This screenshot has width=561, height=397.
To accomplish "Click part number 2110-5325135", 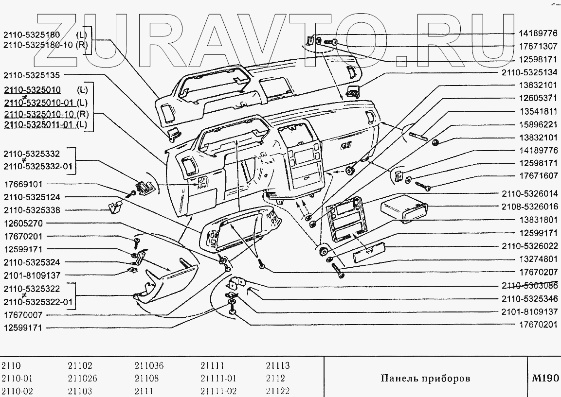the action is pyautogui.click(x=32, y=75).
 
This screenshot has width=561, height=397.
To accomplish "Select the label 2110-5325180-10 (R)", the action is pyautogui.click(x=45, y=45).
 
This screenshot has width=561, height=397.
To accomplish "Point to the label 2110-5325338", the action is pyautogui.click(x=32, y=210).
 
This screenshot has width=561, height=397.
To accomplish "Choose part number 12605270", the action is pyautogui.click(x=23, y=224).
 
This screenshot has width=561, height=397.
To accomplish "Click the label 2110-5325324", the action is pyautogui.click(x=32, y=262).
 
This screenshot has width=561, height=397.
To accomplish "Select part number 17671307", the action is pyautogui.click(x=538, y=46).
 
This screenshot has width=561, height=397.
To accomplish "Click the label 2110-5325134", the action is pyautogui.click(x=529, y=72).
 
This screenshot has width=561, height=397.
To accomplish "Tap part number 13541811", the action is pyautogui.click(x=538, y=111).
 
